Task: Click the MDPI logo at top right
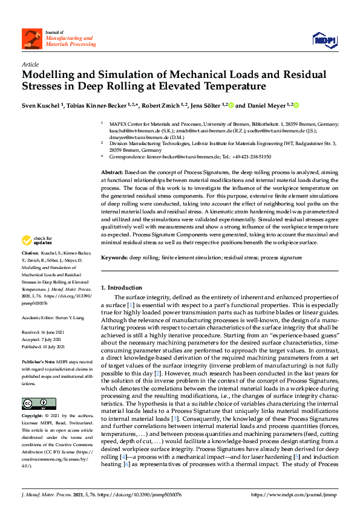tap(324, 39)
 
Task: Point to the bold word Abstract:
tap(113, 173)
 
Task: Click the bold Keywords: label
tap(115, 258)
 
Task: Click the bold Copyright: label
tap(33, 417)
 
